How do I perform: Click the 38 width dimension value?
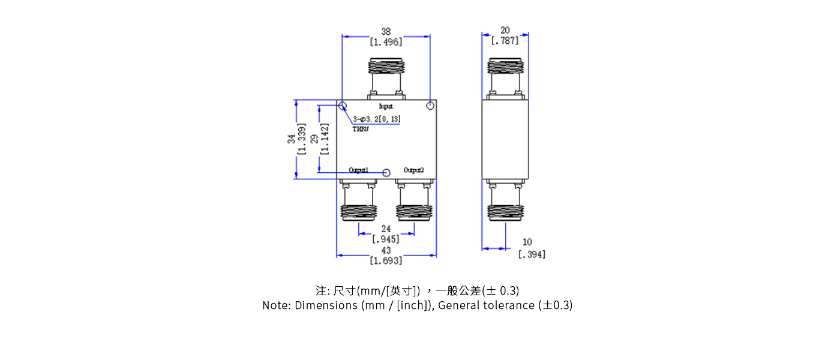click(386, 31)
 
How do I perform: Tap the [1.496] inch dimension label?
click(386, 42)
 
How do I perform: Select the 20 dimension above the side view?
click(505, 30)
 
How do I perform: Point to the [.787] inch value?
click(505, 41)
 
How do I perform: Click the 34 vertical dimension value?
click(292, 139)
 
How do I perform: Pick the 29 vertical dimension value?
click(314, 139)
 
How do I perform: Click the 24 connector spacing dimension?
click(386, 229)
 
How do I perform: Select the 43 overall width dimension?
click(386, 250)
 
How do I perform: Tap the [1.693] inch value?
click(386, 260)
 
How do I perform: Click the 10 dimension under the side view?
click(527, 242)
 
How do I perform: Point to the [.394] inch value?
click(532, 254)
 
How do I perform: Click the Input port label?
click(386, 106)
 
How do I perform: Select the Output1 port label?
click(359, 170)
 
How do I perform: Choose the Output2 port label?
click(414, 170)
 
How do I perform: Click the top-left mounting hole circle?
click(343, 107)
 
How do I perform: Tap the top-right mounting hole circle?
click(430, 107)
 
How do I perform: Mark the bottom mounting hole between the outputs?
click(386, 173)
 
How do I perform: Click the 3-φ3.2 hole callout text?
click(377, 119)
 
